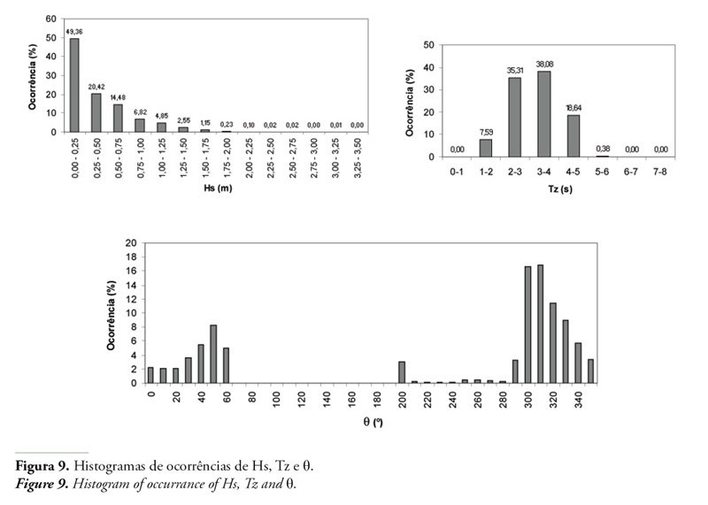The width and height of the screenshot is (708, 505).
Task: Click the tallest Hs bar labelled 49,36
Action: coord(74,85)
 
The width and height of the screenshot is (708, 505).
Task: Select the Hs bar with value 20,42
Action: coord(96,112)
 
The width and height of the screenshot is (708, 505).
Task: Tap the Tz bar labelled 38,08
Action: coord(544,114)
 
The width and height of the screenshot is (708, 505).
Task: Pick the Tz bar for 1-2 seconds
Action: coord(486,148)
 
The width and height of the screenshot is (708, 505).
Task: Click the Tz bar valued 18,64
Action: coord(573,136)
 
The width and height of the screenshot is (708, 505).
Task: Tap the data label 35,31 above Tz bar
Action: coord(515,70)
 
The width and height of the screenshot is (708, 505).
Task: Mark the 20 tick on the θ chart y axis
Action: coord(132,242)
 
